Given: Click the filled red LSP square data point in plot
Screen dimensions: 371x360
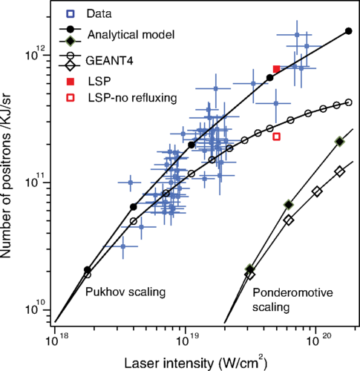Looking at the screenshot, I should (276, 69).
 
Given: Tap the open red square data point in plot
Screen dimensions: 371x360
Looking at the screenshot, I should (276, 137).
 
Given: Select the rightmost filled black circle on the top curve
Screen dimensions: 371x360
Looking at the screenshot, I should (349, 30).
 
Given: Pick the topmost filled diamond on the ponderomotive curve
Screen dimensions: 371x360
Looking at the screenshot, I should (339, 141).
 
